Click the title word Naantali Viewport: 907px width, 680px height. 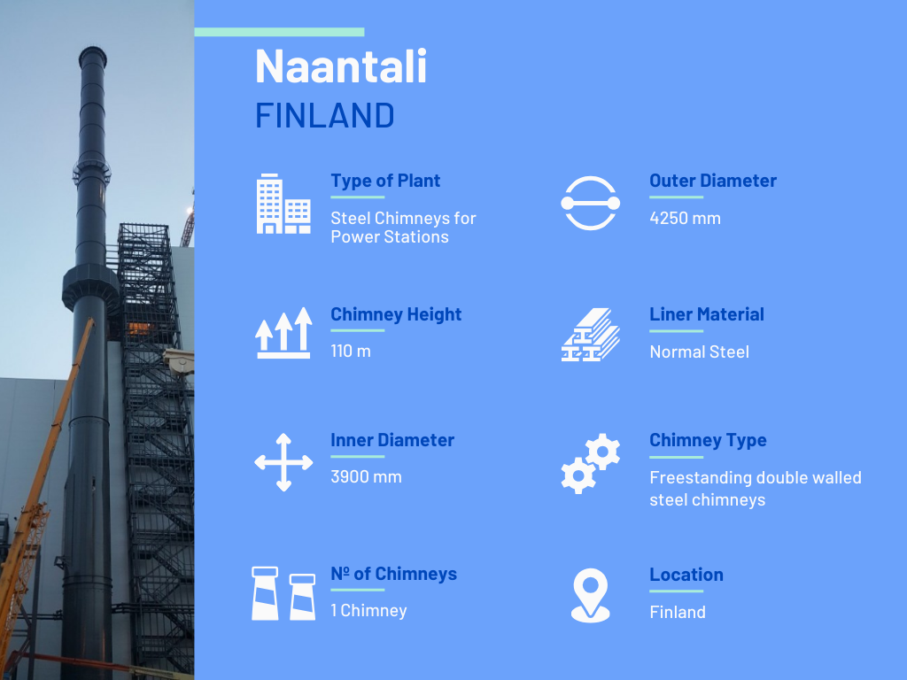(341, 66)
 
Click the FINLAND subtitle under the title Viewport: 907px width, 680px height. (324, 115)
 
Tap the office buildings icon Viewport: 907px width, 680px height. (283, 204)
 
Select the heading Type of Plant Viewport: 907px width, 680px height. (385, 181)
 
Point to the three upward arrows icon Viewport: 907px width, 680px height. (283, 333)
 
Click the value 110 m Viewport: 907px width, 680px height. (351, 351)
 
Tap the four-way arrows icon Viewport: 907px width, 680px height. (283, 462)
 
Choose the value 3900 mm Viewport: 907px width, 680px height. (366, 477)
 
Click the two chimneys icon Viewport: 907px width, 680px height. (283, 593)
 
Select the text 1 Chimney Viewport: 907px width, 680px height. (368, 611)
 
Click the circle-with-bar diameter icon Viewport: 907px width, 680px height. (590, 203)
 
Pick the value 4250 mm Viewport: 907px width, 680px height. (685, 218)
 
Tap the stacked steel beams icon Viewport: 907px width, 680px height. (590, 335)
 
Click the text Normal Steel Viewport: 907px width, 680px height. (700, 352)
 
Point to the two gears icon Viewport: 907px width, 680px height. (590, 463)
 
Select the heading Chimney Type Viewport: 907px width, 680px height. (708, 440)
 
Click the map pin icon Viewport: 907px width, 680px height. (590, 596)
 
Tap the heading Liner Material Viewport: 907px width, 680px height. (706, 314)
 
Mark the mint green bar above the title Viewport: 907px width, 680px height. (279, 33)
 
